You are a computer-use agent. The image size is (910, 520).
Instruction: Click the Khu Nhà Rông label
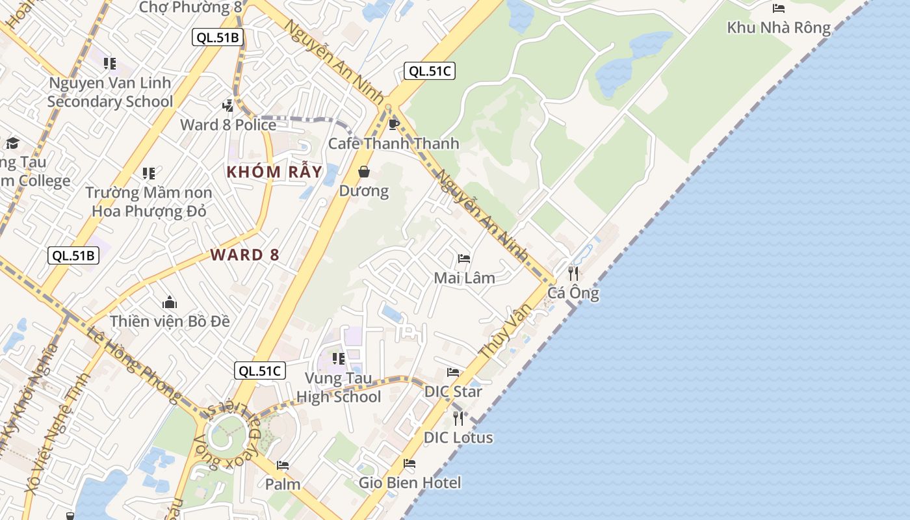click(779, 27)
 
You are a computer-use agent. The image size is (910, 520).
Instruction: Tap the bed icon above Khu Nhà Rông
click(778, 8)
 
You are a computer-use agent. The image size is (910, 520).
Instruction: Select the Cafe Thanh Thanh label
click(393, 143)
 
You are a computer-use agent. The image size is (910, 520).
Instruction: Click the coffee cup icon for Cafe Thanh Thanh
click(393, 124)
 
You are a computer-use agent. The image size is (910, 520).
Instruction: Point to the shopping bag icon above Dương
click(364, 172)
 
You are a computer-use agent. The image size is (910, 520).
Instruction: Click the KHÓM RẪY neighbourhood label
click(274, 172)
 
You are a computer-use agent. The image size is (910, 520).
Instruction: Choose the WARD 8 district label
click(245, 255)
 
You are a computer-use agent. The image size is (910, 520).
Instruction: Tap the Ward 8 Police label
click(228, 125)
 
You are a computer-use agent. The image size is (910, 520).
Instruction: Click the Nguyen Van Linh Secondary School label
click(110, 92)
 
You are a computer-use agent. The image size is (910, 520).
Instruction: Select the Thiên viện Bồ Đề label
click(170, 321)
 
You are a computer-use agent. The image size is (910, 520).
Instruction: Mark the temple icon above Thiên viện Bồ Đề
click(170, 302)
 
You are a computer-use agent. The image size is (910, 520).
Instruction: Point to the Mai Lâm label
click(464, 278)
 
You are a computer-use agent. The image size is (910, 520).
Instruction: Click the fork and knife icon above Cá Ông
click(573, 274)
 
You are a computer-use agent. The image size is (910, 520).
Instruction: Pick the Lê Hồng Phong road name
click(134, 364)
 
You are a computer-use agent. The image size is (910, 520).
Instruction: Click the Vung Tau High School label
click(338, 387)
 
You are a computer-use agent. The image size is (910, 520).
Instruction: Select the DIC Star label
click(453, 392)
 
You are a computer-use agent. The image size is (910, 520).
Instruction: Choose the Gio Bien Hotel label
click(409, 483)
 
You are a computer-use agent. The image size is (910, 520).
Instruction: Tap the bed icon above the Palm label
click(283, 465)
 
